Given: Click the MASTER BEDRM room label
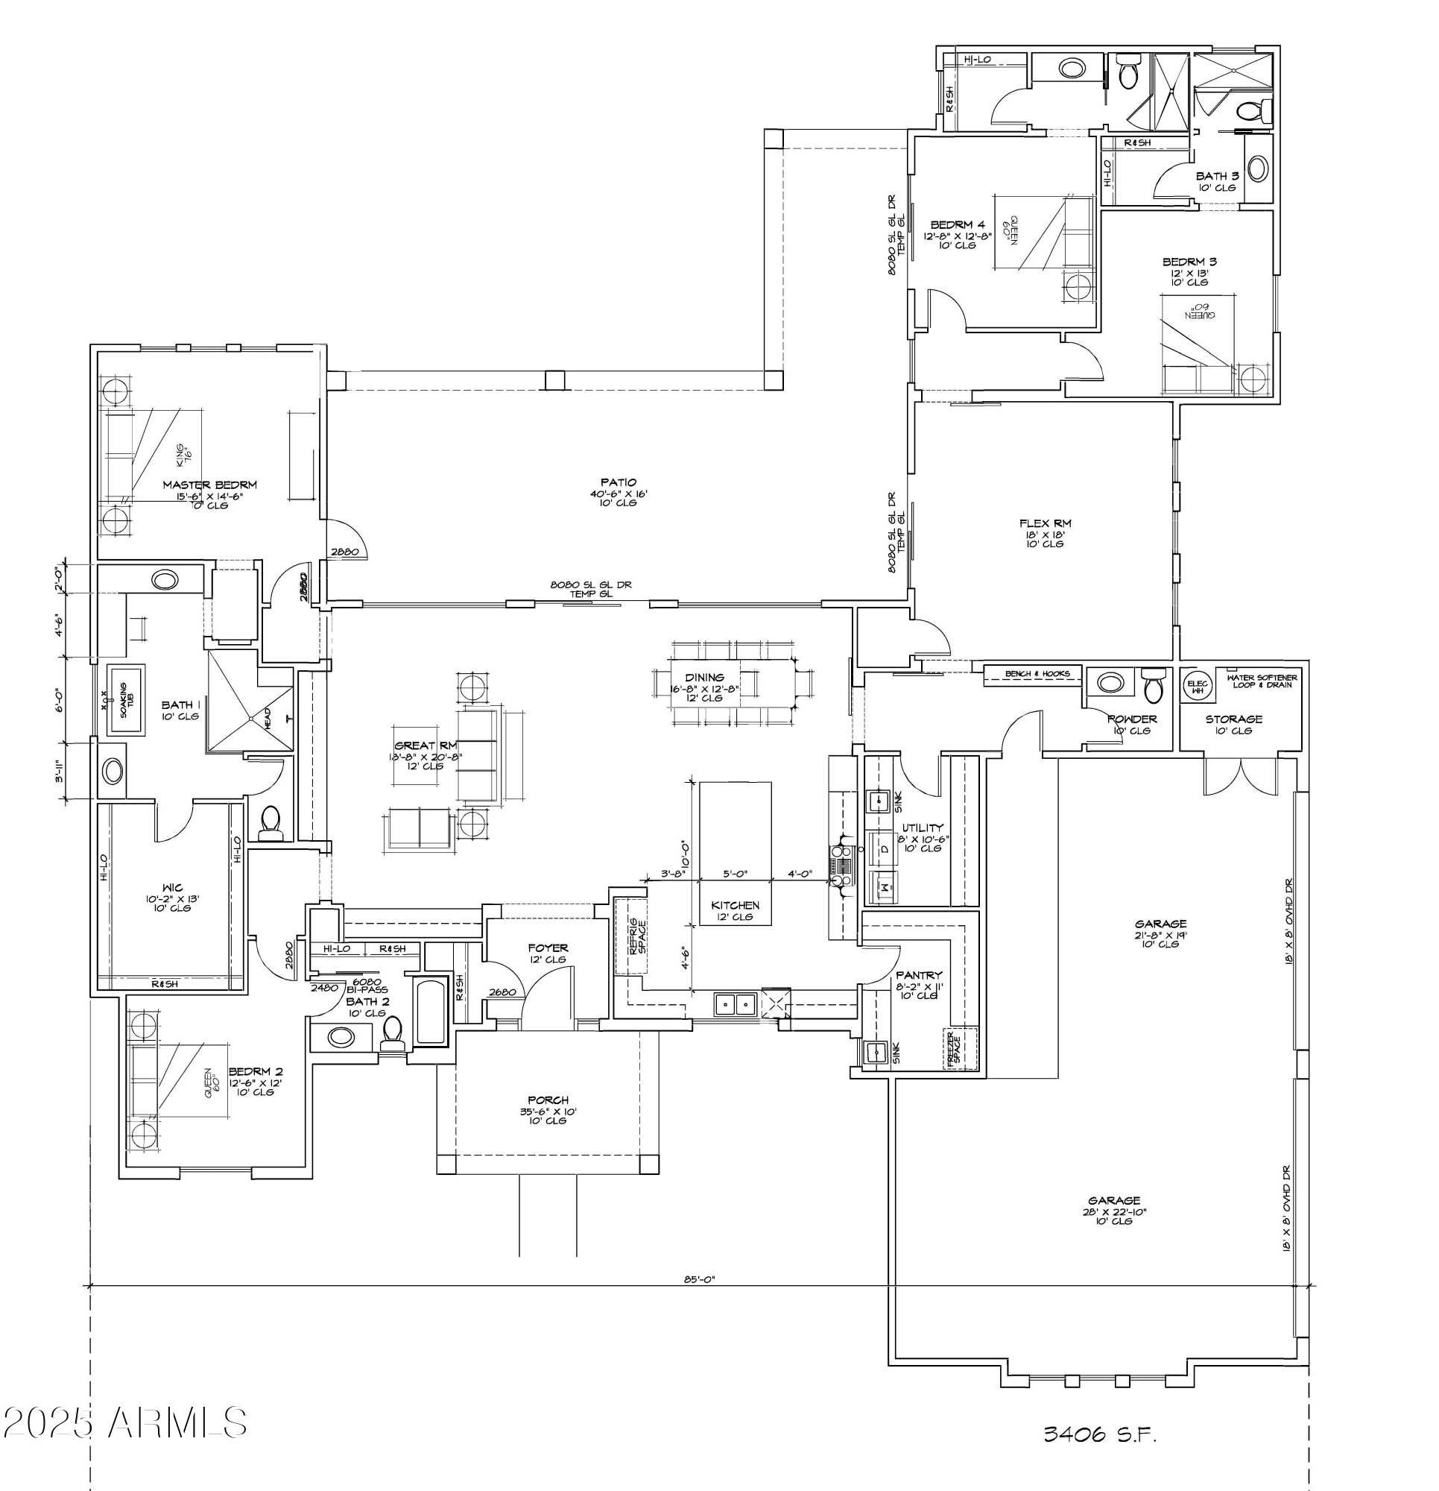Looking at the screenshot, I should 209,485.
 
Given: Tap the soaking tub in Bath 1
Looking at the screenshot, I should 126,700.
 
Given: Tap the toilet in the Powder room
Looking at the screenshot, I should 1154,687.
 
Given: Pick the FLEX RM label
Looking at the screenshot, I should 1045,523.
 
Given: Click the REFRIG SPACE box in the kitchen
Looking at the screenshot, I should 630,936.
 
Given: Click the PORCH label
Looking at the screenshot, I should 548,1100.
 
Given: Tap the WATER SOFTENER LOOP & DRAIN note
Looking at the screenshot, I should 1262,680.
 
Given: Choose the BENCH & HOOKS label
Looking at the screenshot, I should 1037,674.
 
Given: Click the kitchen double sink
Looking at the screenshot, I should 736,1005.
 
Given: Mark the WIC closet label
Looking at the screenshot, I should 173,888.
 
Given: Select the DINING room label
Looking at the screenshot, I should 704,677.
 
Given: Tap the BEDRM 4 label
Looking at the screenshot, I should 958,225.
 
